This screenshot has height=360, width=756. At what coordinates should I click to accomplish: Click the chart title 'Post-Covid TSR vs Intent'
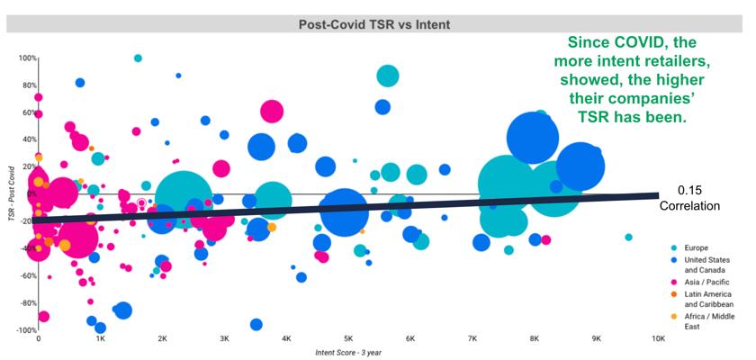374,24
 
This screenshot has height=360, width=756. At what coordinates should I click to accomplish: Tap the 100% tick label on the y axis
28,58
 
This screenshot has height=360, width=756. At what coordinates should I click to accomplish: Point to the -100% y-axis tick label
27,330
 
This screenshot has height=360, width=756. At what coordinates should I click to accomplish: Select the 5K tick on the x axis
348,338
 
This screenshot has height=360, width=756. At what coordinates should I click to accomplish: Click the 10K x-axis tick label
658,338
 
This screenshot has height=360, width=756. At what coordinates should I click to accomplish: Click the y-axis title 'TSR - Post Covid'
11,194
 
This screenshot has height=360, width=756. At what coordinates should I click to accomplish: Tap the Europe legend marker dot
674,247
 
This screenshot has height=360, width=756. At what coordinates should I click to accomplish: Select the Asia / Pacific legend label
706,282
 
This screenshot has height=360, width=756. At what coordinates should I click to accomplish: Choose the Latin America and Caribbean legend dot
674,294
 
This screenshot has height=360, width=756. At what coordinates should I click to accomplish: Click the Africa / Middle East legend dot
674,317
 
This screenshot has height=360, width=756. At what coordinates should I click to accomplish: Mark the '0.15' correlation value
689,192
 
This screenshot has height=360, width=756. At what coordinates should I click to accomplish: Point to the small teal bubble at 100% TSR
138,58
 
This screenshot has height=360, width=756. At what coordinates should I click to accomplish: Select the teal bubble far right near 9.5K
628,237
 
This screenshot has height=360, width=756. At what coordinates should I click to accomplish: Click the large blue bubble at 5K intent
344,212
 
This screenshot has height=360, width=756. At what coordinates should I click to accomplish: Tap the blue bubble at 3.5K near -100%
256,324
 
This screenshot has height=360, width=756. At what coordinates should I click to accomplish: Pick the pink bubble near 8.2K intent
545,240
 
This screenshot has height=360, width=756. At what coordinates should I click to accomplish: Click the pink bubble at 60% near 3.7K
272,112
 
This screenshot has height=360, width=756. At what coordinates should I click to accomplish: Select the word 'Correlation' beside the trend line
690,206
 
